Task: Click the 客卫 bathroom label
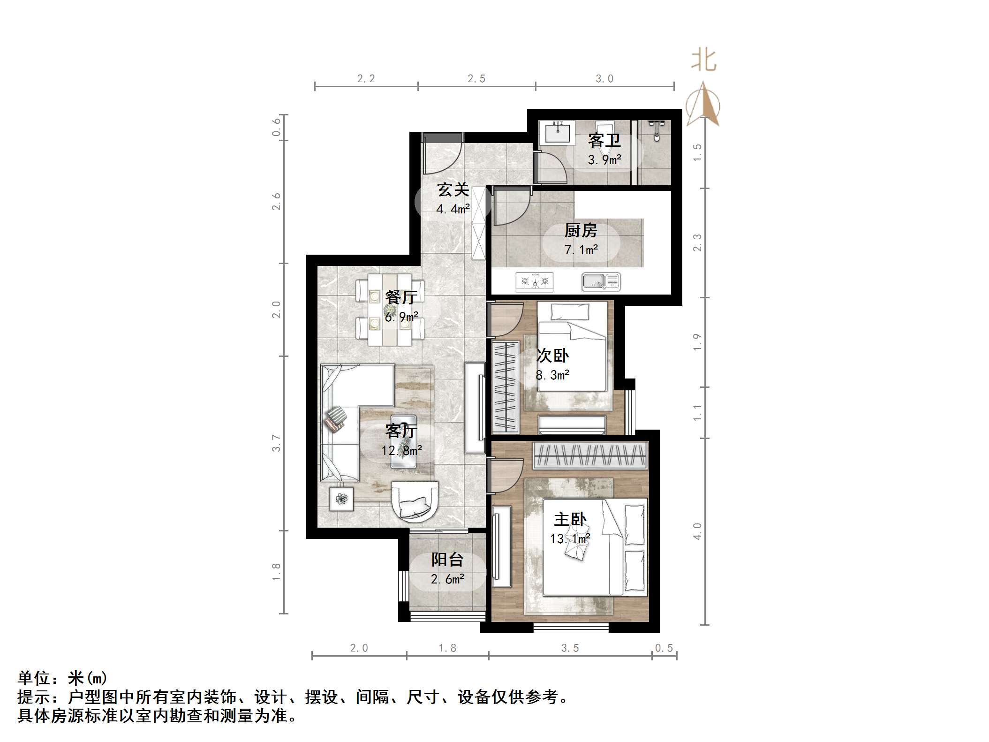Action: (604, 140)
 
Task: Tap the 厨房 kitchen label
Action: (581, 231)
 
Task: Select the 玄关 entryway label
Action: (453, 190)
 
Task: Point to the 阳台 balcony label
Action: (447, 560)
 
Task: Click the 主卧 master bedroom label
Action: (570, 520)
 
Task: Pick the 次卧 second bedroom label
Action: (552, 356)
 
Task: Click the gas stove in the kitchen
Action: (534, 282)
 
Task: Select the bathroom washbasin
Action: (558, 132)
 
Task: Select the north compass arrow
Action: (703, 105)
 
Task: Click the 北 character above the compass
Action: (703, 61)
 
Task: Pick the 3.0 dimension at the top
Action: (604, 79)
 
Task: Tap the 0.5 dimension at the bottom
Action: (664, 648)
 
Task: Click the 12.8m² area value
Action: (401, 451)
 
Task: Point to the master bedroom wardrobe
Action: (590, 455)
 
